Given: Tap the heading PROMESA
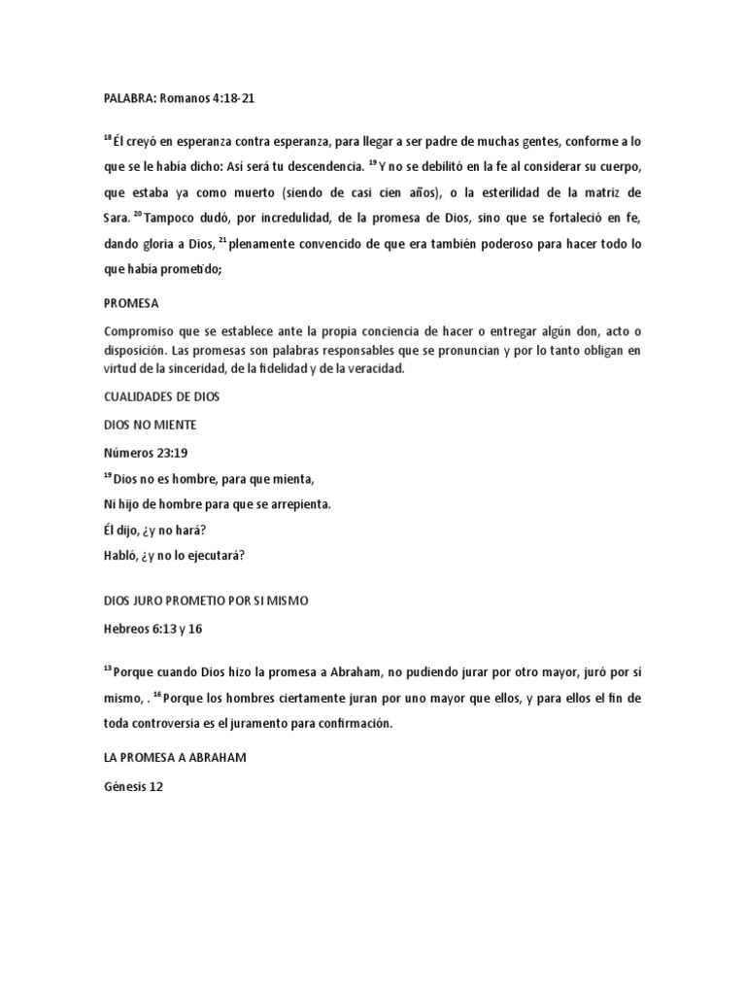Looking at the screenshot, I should (x=132, y=302).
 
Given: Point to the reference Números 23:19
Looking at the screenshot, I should (x=145, y=452).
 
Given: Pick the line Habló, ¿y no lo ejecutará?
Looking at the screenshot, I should (x=174, y=556).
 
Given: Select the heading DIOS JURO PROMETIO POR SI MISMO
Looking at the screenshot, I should (x=204, y=600).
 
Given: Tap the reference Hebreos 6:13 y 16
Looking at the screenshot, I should (x=153, y=629).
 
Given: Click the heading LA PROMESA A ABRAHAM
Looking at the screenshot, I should (x=174, y=758).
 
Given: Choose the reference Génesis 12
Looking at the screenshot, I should (x=134, y=788).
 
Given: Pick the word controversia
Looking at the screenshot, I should (x=181, y=724).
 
